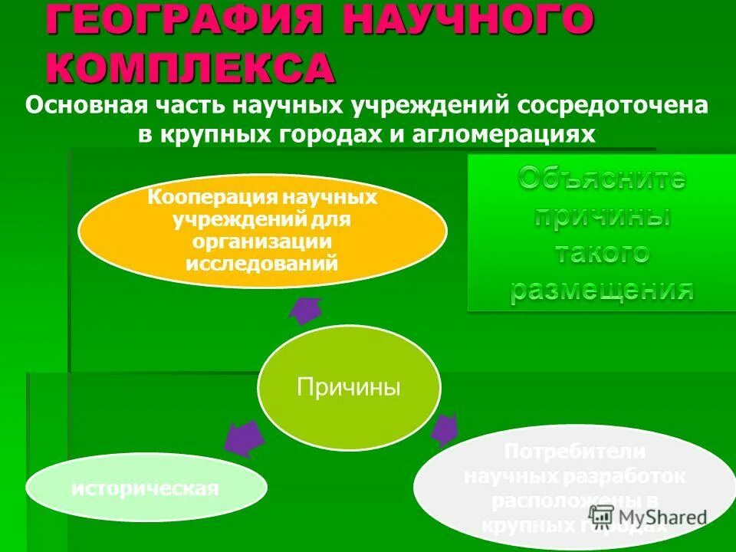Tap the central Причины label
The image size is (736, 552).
point(349,387)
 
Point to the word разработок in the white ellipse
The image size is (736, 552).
point(622,477)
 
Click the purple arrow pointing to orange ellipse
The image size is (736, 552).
point(307,310)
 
